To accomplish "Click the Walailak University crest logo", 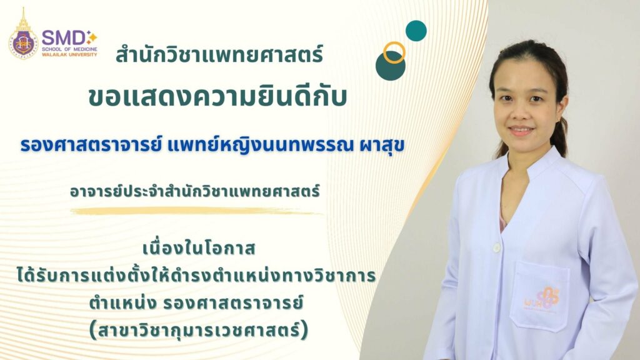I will pyautogui.click(x=23, y=36).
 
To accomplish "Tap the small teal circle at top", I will pyautogui.click(x=416, y=31).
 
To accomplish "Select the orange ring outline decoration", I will pyautogui.click(x=394, y=52).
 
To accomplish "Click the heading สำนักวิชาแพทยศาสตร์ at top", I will pyautogui.click(x=219, y=56).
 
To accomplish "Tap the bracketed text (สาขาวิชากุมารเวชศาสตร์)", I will pyautogui.click(x=199, y=328).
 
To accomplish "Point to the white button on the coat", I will pyautogui.click(x=496, y=247).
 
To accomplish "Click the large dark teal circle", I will pyautogui.click(x=391, y=66).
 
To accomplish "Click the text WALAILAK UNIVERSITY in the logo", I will pyautogui.click(x=69, y=54).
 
